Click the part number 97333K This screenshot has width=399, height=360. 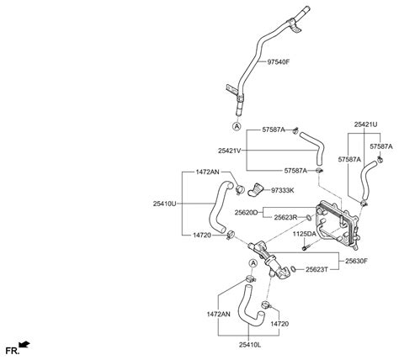(306, 192)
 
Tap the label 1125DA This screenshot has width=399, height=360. (305, 233)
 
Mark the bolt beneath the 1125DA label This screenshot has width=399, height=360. (306, 246)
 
